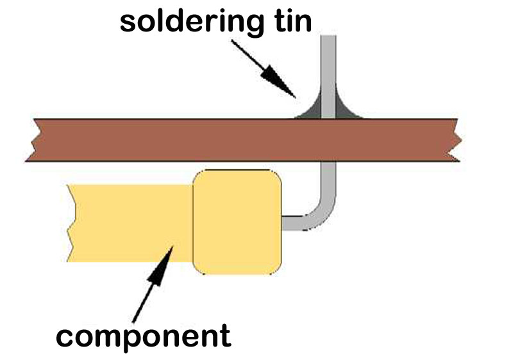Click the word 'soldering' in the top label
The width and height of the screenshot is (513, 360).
pyautogui.click(x=192, y=22)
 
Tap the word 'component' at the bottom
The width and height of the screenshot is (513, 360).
pyautogui.click(x=144, y=337)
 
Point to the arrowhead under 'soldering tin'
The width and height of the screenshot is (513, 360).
pyautogui.click(x=278, y=81)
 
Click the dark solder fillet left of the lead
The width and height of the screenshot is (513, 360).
pyautogui.click(x=311, y=110)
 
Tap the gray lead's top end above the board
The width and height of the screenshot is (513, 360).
pyautogui.click(x=328, y=36)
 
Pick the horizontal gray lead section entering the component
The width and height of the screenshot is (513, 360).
pyautogui.click(x=294, y=223)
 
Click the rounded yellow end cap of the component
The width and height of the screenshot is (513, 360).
pyautogui.click(x=237, y=222)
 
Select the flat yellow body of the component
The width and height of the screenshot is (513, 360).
pyautogui.click(x=131, y=223)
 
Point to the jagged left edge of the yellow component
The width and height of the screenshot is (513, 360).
pyautogui.click(x=71, y=223)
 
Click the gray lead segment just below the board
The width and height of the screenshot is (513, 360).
pyautogui.click(x=328, y=178)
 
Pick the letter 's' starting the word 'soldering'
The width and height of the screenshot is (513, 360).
pyautogui.click(x=129, y=22)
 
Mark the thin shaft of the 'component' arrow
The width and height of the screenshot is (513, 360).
pyautogui.click(x=143, y=303)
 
